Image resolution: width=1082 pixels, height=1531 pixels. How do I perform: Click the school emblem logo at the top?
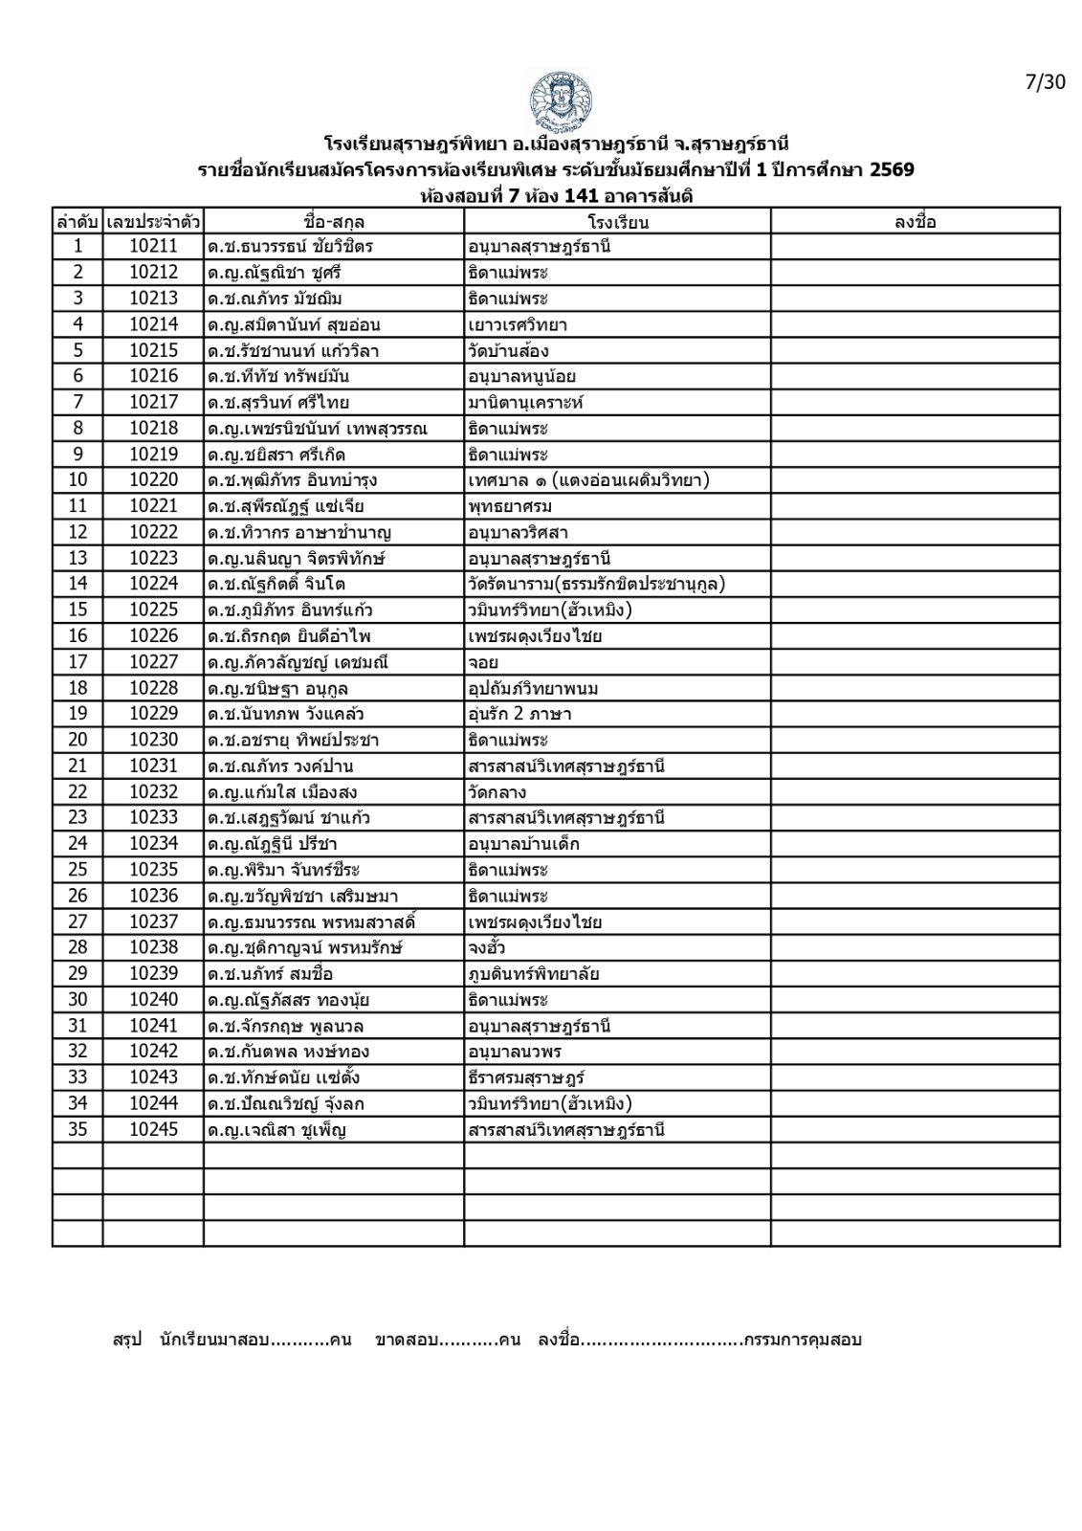coord(560,101)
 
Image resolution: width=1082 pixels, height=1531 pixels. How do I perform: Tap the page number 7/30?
coord(1045,82)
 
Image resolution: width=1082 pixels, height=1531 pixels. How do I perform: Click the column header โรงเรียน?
coord(617,222)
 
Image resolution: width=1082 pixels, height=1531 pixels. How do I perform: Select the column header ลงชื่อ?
coord(915,222)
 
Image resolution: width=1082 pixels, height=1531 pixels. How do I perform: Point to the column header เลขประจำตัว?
coord(153,222)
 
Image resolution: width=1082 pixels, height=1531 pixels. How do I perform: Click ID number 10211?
coord(153,247)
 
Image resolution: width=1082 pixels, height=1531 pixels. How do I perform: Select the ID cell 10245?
coord(153,1130)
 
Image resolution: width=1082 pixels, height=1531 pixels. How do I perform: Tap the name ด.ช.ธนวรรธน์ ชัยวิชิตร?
coord(290,247)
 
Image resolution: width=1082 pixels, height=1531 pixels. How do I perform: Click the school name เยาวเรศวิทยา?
coord(517,324)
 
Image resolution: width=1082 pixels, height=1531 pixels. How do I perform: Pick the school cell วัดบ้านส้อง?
coord(508,350)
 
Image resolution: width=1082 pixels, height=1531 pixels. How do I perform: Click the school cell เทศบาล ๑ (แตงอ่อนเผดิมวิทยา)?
coord(588,480)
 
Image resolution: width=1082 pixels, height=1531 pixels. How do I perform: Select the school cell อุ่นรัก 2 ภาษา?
coord(519,714)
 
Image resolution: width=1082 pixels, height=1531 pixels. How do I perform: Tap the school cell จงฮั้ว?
coord(486,948)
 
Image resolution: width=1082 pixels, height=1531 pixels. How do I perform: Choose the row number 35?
coord(77,1130)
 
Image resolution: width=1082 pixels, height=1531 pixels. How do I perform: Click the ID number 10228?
coord(153,688)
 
